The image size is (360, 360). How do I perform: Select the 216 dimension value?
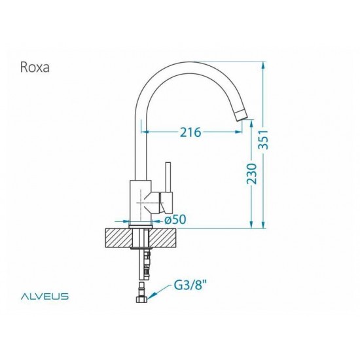pos(190,133)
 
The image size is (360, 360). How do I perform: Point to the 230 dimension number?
pos(251,173)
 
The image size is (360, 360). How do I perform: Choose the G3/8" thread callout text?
pos(190,286)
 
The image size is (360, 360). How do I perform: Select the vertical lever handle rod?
pos(166,180)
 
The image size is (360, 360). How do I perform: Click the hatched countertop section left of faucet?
pos(118,238)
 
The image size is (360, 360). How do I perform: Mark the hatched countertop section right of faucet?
pos(165,238)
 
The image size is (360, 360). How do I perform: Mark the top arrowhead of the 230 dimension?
pos(251,123)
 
